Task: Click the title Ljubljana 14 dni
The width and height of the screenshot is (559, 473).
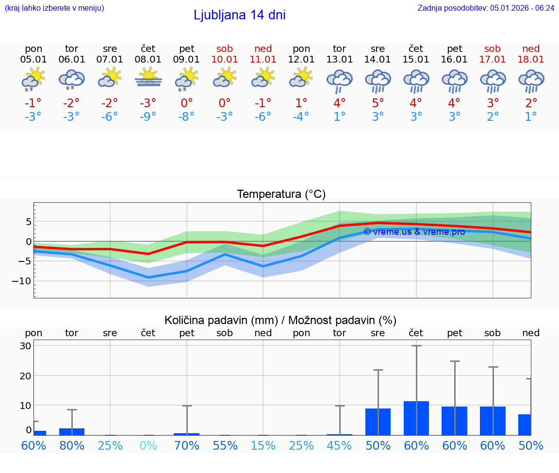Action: [x=239, y=15]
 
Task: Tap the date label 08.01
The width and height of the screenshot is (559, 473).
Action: [x=148, y=60]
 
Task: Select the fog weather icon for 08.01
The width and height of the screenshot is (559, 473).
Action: [x=148, y=78]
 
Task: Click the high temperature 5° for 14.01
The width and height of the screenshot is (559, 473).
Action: [x=378, y=103]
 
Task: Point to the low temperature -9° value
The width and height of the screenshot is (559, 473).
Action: [x=148, y=116]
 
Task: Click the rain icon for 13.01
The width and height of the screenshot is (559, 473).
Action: [x=339, y=81]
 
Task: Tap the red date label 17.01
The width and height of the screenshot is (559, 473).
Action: [x=493, y=60]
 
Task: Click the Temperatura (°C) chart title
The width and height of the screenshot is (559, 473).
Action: [x=281, y=195]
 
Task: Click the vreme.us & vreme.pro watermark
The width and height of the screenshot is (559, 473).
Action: [x=414, y=232]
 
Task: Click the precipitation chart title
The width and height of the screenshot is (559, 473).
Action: [x=280, y=320]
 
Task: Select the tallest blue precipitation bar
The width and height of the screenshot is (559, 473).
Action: [x=416, y=418]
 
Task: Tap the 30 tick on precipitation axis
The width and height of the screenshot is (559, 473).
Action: [x=25, y=346]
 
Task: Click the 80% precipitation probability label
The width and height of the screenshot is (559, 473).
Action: [x=72, y=445]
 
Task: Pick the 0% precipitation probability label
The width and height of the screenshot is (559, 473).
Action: [x=148, y=445]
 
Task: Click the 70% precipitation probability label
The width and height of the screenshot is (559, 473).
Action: [x=187, y=445]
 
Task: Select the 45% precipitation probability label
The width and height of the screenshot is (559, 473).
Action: [x=339, y=445]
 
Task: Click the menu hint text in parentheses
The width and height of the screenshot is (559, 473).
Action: [x=54, y=8]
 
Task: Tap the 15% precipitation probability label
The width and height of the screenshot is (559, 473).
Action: [x=263, y=445]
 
